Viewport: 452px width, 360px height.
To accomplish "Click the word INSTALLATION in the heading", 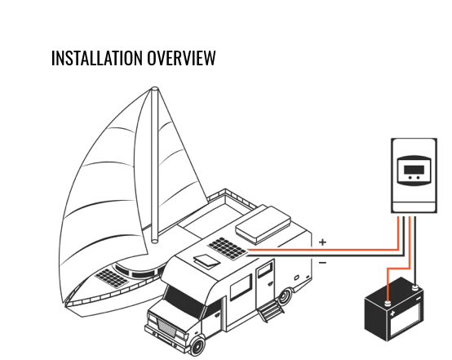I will [x=97, y=59].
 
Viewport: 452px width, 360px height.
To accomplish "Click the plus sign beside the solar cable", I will [x=322, y=242].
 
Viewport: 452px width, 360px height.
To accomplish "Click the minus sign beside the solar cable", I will [x=322, y=262].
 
